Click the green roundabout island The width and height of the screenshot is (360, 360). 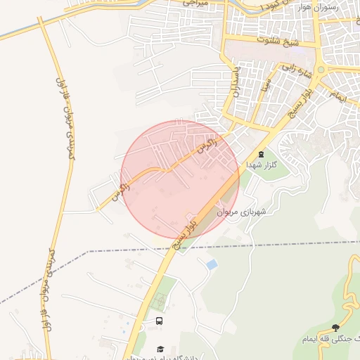click(x=323, y=70)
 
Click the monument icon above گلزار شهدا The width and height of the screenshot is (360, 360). click(x=261, y=154)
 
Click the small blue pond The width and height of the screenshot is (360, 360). click(x=211, y=264)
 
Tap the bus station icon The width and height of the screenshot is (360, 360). click(x=160, y=321)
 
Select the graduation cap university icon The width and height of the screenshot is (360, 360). click(x=160, y=349)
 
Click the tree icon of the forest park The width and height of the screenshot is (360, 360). click(x=335, y=328)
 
